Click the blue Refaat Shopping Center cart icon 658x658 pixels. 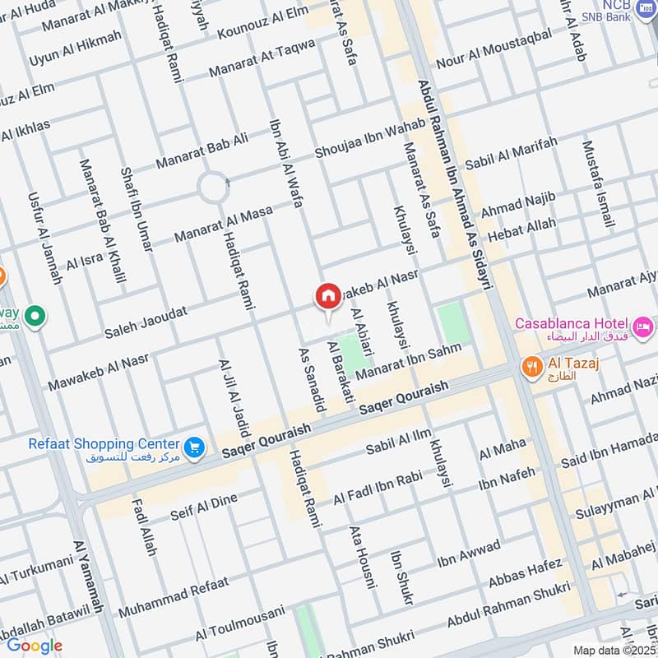pyautogui.click(x=194, y=447)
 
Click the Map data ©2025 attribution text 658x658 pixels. pyautogui.click(x=612, y=650)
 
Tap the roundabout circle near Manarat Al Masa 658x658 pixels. pyautogui.click(x=213, y=189)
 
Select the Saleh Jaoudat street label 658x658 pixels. pyautogui.click(x=146, y=323)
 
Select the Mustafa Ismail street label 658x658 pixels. pyautogui.click(x=598, y=185)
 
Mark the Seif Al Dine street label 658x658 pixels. pyautogui.click(x=203, y=507)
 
